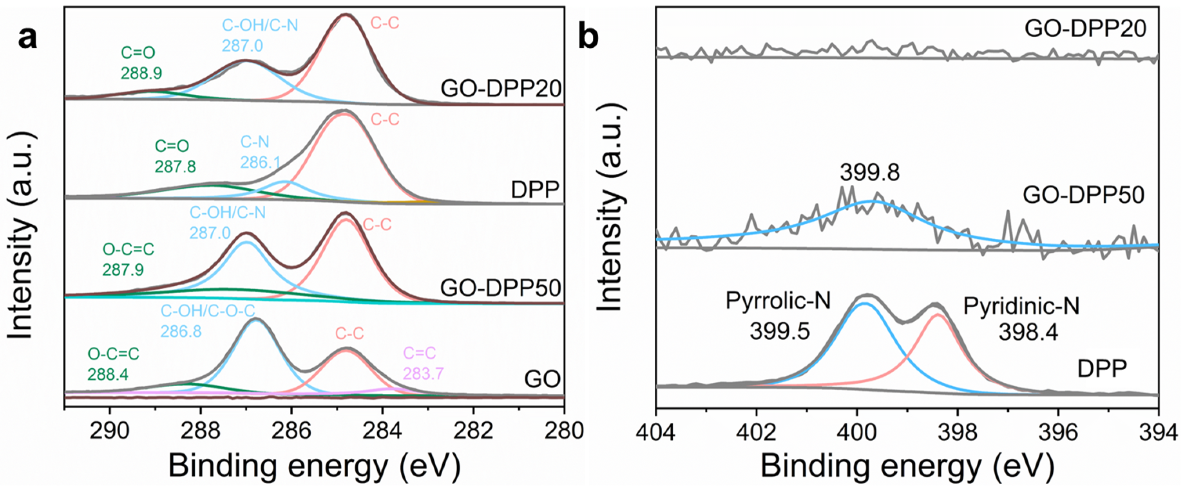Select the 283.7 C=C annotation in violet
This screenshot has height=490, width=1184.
point(423,373)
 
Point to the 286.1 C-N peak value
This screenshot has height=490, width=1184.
point(260,162)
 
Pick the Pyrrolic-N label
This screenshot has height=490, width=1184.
point(778,301)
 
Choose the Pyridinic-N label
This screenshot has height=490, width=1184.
point(1021,306)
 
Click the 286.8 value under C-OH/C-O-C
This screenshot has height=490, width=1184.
point(181,331)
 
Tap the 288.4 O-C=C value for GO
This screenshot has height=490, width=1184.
point(108,374)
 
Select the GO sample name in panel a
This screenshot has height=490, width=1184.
point(542,379)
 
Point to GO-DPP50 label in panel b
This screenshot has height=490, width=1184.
point(1083,195)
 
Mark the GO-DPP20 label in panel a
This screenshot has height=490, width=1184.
point(501,88)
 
